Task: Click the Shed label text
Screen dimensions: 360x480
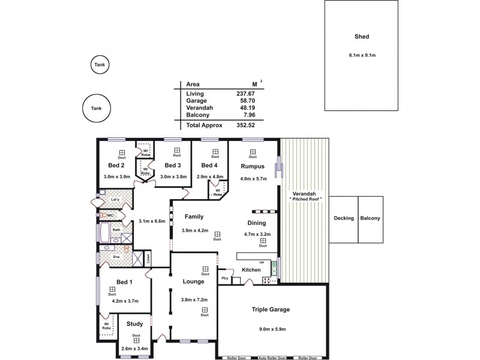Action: [x=362, y=37]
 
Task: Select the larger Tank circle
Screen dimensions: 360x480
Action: [x=96, y=109]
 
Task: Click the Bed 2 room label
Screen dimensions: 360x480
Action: [x=116, y=166]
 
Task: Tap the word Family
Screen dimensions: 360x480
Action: [x=194, y=217]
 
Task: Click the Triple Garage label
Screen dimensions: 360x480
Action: [x=271, y=310]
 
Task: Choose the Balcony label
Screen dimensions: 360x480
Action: [x=370, y=218]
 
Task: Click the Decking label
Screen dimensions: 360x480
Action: [x=344, y=218]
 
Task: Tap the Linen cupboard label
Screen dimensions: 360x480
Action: [x=148, y=259]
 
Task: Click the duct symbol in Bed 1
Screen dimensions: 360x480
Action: [x=112, y=289]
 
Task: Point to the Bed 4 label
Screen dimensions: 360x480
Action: [x=209, y=166]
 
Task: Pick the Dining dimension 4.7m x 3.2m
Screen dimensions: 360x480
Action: [x=258, y=235]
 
